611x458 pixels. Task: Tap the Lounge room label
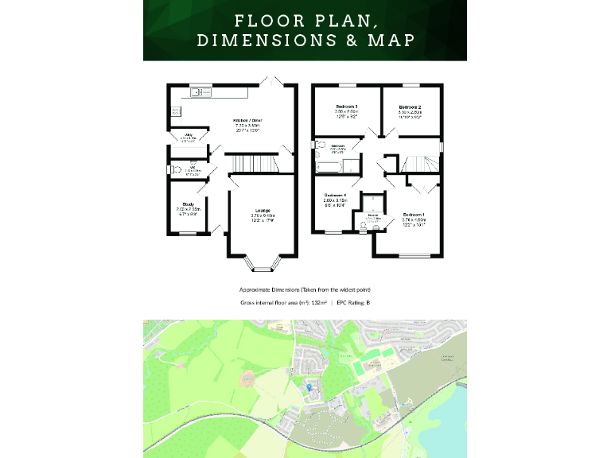263,211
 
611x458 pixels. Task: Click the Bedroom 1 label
414,215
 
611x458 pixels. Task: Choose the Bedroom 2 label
410,107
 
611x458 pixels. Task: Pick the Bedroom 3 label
345,107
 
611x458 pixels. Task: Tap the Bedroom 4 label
335,196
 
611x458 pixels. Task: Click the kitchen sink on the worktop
197,93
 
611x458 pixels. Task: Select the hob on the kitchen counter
174,111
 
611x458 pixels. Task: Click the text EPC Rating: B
353,303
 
